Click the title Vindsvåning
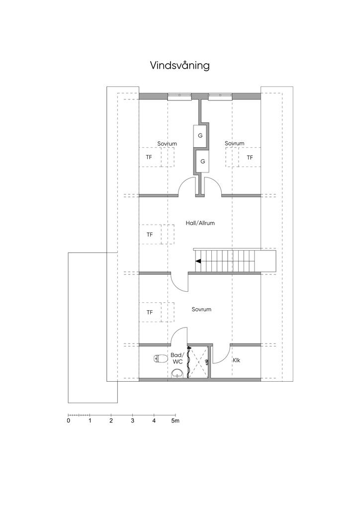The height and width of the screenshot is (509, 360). pyautogui.click(x=180, y=66)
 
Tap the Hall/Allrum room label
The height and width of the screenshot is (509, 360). pyautogui.click(x=200, y=223)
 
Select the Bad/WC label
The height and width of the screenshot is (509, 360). pyautogui.click(x=177, y=358)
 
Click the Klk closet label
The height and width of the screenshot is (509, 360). pyautogui.click(x=236, y=360)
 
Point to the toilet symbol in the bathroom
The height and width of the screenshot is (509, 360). pyautogui.click(x=160, y=359)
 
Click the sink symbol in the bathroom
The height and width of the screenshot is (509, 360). pyautogui.click(x=177, y=374)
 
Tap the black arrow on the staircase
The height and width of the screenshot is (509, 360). pyautogui.click(x=198, y=260)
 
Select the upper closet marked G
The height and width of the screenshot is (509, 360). pyautogui.click(x=200, y=136)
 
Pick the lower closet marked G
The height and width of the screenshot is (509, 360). pyautogui.click(x=203, y=161)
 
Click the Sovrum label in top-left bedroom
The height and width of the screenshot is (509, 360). pyautogui.click(x=167, y=144)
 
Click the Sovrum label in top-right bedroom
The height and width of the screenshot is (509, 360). pyautogui.click(x=234, y=143)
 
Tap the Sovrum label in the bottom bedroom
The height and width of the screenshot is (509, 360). pyautogui.click(x=201, y=309)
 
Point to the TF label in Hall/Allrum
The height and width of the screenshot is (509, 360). pyautogui.click(x=149, y=235)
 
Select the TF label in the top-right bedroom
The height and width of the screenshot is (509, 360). pyautogui.click(x=250, y=158)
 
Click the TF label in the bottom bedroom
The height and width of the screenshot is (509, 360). pyautogui.click(x=149, y=312)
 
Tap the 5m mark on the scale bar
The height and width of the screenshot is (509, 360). pyautogui.click(x=176, y=421)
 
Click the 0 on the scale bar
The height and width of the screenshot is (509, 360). pyautogui.click(x=68, y=421)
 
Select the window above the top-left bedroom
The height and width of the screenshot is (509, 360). pyautogui.click(x=179, y=95)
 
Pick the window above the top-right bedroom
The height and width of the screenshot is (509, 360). pyautogui.click(x=220, y=95)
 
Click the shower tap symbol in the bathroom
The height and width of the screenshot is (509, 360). pyautogui.click(x=206, y=361)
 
